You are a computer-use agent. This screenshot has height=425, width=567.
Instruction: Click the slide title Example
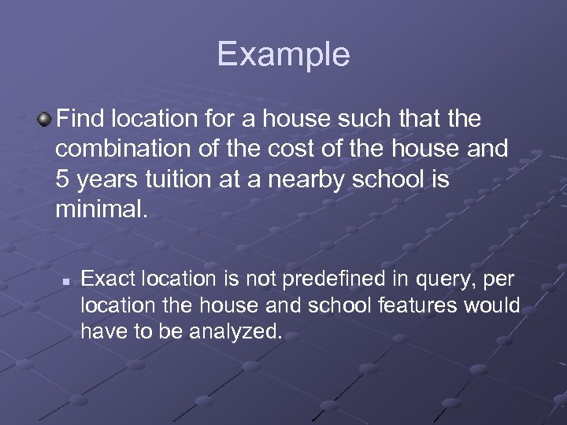283,54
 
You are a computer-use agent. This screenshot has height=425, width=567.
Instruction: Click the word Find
81,120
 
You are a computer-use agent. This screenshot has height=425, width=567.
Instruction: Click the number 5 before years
64,179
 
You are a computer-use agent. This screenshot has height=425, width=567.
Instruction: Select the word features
421,305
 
